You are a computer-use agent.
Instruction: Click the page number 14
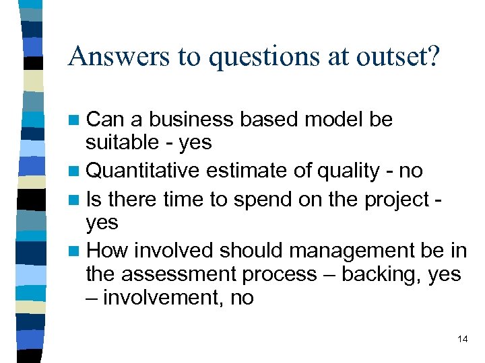point(462,339)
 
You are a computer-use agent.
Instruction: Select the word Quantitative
point(143,171)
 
